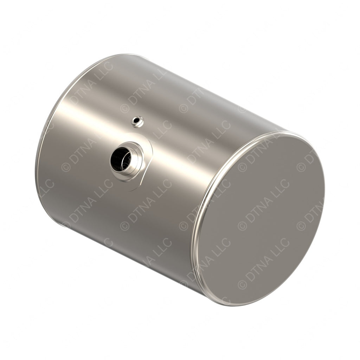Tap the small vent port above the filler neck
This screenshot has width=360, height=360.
pyautogui.click(x=137, y=122)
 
